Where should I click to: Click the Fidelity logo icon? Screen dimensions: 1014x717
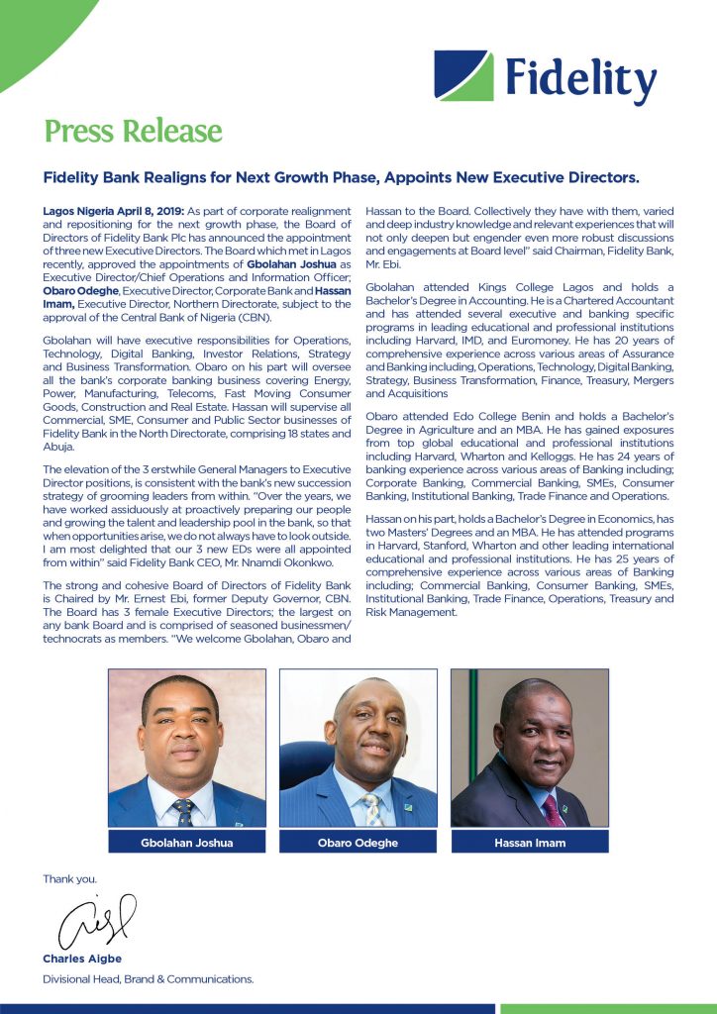click(x=463, y=75)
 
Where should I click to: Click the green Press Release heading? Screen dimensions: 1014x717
click(x=133, y=131)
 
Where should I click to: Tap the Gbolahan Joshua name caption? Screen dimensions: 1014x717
click(x=186, y=843)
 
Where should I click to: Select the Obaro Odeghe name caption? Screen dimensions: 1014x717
click(x=358, y=843)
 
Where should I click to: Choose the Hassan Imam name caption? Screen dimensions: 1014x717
click(x=529, y=843)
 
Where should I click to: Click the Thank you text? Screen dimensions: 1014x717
click(x=69, y=878)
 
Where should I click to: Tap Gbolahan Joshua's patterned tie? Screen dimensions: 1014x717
click(x=184, y=811)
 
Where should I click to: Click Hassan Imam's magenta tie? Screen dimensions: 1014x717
click(x=552, y=809)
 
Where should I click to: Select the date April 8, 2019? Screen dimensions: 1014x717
click(x=142, y=212)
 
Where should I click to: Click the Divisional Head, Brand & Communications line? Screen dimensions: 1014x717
click(x=148, y=978)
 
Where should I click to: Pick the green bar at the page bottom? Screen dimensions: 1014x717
click(x=608, y=1008)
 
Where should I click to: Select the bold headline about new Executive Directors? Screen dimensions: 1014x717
click(x=342, y=178)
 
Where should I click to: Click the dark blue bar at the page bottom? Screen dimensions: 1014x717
click(x=248, y=1008)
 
